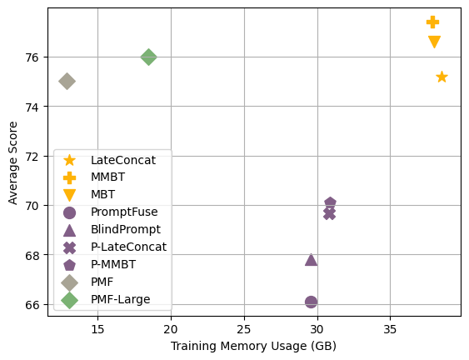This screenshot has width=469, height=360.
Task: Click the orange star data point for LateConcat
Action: pyautogui.click(x=442, y=77)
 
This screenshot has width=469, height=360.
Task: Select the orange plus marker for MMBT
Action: pyautogui.click(x=432, y=22)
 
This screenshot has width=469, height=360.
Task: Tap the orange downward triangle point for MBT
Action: pyautogui.click(x=434, y=42)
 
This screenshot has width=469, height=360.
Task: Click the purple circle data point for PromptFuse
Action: pyautogui.click(x=311, y=302)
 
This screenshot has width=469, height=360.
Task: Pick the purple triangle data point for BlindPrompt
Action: pyautogui.click(x=311, y=260)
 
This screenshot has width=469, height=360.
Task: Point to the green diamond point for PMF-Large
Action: pyautogui.click(x=148, y=57)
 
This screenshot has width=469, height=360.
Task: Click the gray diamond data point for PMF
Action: pyautogui.click(x=67, y=81)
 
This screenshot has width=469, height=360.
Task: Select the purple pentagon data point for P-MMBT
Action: pyautogui.click(x=330, y=203)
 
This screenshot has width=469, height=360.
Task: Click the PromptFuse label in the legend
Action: pyautogui.click(x=118, y=212)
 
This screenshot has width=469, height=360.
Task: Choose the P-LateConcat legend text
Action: pyautogui.click(x=128, y=247)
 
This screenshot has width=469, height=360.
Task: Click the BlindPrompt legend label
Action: pyautogui.click(x=125, y=229)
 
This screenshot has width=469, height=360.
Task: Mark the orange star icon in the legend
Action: pyautogui.click(x=69, y=160)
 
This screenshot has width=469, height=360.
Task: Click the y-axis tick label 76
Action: pyautogui.click(x=32, y=57)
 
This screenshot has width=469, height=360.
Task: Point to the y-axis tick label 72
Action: pyautogui.click(x=32, y=156)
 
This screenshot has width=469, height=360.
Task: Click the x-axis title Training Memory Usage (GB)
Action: pyautogui.click(x=253, y=346)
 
